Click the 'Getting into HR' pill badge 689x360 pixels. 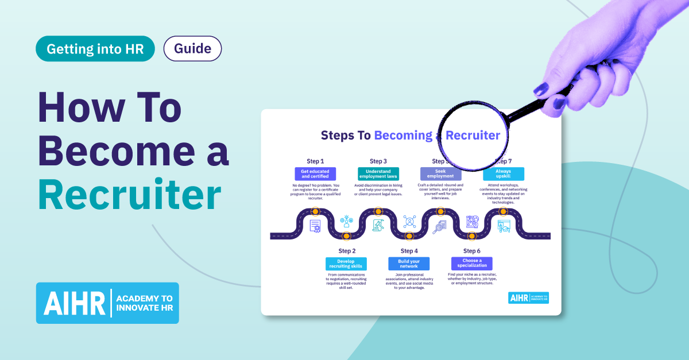point(95,49)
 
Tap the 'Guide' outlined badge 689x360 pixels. point(192,49)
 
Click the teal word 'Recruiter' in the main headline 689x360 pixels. point(130,195)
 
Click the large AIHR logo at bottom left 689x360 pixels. point(107,303)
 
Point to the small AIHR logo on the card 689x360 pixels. point(528,297)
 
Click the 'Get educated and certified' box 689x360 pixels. point(315,174)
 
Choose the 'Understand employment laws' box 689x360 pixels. point(378,174)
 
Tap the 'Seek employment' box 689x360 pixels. point(440,174)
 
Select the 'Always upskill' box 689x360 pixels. point(503,174)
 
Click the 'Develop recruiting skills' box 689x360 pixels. point(346,264)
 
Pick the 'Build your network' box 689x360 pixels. point(409,264)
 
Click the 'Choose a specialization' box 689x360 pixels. point(471,264)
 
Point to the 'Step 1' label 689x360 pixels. point(315,161)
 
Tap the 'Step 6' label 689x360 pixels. point(471,251)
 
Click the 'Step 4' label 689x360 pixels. point(409,251)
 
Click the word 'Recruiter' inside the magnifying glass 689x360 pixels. point(473,136)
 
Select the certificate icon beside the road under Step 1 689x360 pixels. point(315,226)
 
